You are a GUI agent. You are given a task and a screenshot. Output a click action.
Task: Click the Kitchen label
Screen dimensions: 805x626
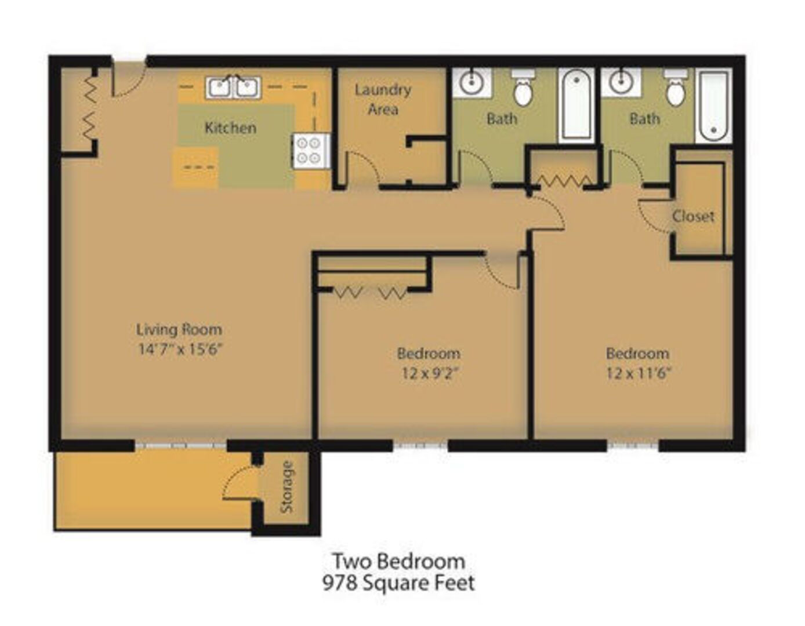[230, 128]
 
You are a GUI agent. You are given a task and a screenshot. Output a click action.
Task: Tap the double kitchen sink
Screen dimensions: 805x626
[233, 88]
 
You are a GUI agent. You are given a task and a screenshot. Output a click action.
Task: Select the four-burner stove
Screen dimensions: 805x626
[311, 151]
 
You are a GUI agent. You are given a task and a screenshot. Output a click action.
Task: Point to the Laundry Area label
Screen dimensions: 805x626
[383, 99]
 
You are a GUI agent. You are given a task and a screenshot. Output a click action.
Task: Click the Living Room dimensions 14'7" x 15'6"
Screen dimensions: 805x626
[180, 349]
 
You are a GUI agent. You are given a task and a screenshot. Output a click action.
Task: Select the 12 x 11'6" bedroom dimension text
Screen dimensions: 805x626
[639, 373]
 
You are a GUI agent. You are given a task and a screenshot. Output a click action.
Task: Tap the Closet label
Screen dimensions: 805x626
[693, 216]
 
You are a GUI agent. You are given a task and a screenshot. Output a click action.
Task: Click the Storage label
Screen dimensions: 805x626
[287, 486]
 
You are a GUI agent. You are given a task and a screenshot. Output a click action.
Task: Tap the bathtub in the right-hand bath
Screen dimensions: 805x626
[713, 105]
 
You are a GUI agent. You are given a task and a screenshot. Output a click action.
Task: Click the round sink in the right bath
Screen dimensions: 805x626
[621, 82]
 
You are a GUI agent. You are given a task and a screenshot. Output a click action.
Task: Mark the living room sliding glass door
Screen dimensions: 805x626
[180, 446]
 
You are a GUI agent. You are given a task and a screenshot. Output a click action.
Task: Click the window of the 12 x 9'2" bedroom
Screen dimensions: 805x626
[420, 446]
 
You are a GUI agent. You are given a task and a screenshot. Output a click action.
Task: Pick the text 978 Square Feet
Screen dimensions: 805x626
[398, 583]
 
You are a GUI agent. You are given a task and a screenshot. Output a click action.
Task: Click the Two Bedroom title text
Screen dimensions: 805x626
[398, 561]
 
